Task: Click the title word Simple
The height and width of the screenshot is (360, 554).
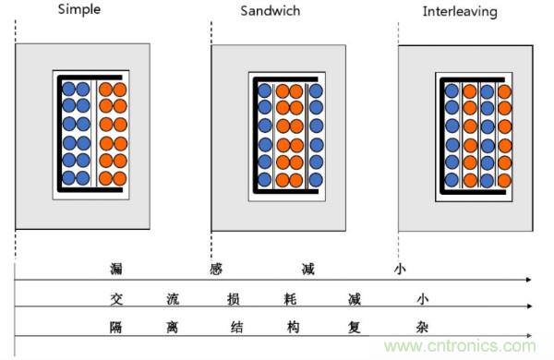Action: pos(79,9)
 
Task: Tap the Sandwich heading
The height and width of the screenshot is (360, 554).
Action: pos(271,10)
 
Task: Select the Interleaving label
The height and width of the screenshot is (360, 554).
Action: pos(460,12)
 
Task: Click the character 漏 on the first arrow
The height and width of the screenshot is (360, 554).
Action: pos(116,269)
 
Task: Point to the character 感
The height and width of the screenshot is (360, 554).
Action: pos(216,270)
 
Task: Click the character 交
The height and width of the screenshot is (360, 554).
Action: pos(116,299)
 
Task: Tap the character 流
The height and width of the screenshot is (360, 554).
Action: pos(174,299)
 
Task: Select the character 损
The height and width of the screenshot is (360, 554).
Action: pos(234,299)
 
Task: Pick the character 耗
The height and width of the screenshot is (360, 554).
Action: pos(290,299)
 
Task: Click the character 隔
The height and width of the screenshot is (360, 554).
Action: pos(116,328)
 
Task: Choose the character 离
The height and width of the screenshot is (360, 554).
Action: pos(173,328)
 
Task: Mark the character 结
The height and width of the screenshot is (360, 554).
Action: pos(236,328)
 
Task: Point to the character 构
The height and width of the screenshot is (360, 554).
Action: pos(294,328)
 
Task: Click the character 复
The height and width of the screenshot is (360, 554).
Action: pos(354,328)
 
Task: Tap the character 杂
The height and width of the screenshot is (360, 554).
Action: pos(422,328)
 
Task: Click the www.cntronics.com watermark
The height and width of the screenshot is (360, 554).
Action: pos(461,346)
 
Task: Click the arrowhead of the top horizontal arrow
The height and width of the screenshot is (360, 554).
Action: pos(529,280)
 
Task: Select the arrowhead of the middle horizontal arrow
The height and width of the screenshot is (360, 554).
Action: pos(529,306)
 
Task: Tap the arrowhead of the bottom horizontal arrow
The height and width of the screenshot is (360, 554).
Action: pos(529,335)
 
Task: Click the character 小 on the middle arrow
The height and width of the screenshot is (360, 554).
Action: pos(423,299)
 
